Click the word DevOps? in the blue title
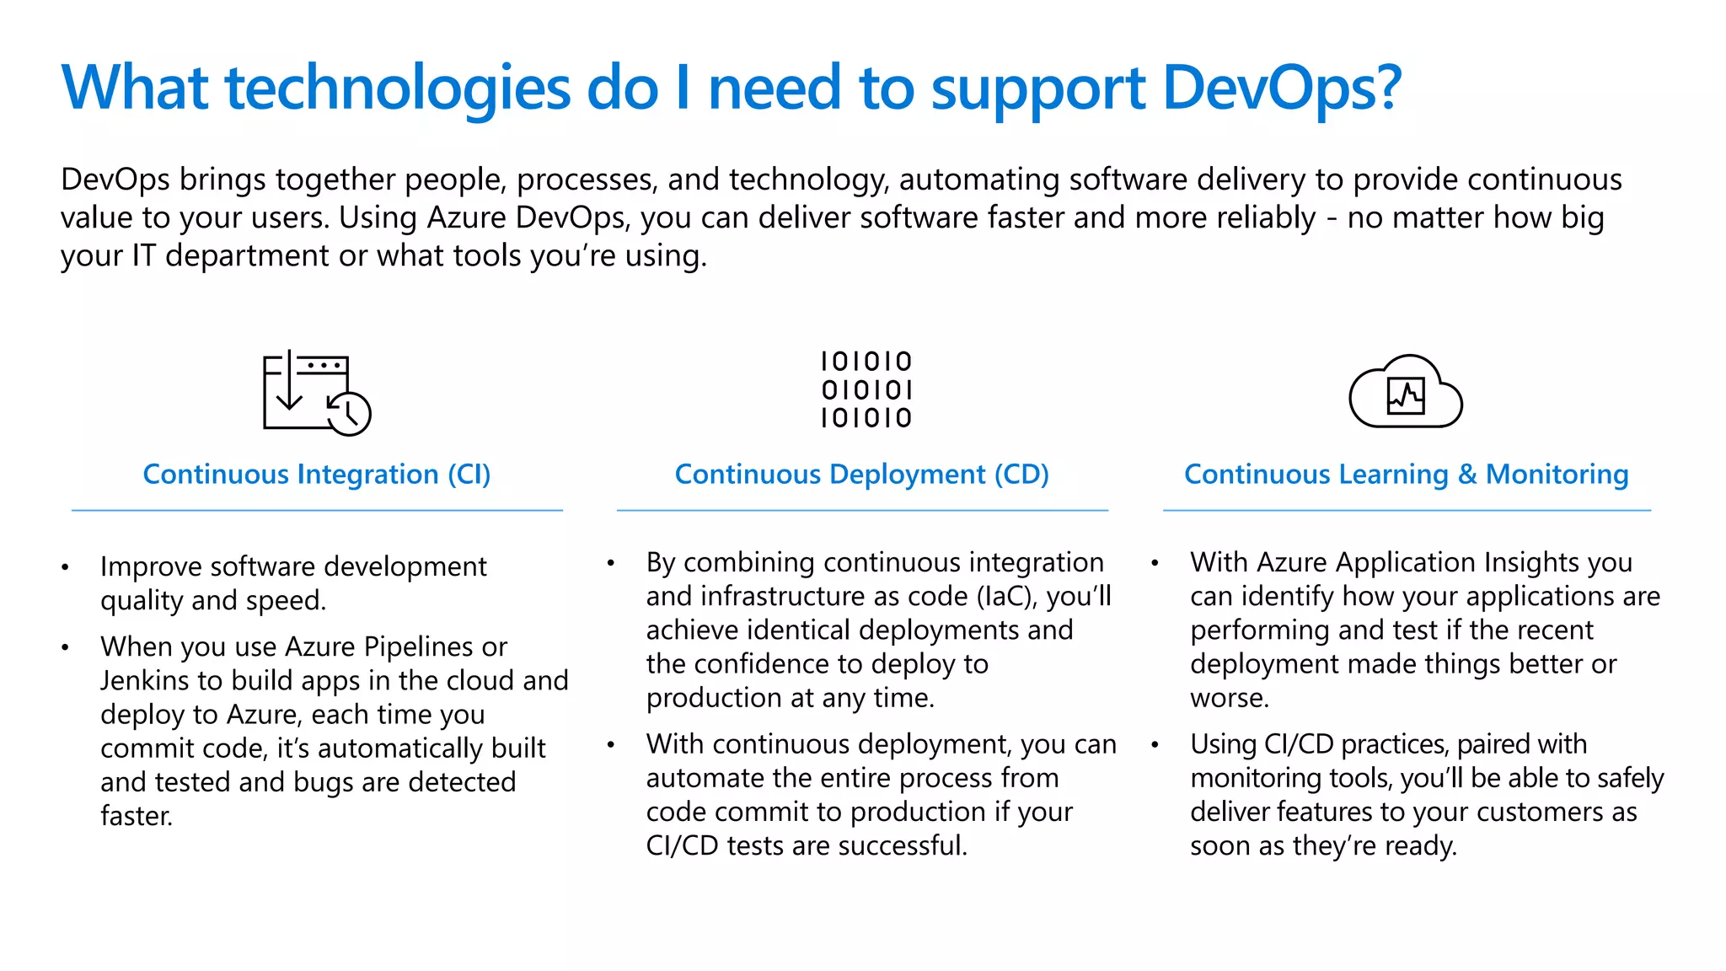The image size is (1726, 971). coord(1281,89)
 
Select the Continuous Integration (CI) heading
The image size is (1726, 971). coord(317,475)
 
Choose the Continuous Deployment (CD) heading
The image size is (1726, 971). coord(861,475)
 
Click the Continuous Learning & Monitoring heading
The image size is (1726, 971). coord(1406,475)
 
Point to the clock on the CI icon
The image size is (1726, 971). coord(349,414)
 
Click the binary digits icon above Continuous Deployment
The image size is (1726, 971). coord(866,389)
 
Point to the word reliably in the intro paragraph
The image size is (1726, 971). coord(1267,217)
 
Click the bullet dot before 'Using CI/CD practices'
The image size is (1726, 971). coord(1155,745)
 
